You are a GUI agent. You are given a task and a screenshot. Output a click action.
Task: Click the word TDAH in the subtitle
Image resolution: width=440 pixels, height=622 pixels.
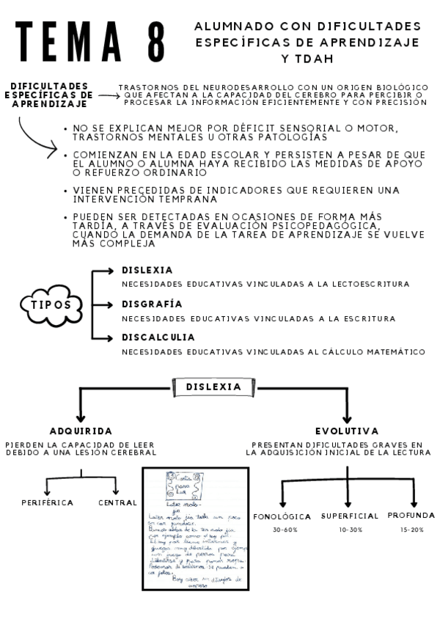[x=307, y=59]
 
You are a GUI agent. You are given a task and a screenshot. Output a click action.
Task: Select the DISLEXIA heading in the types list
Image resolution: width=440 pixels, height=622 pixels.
[x=147, y=271]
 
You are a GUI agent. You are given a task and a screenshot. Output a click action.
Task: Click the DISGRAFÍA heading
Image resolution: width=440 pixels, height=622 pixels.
[x=152, y=304]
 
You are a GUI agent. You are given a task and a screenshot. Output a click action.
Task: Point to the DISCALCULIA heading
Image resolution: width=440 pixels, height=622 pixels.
[x=158, y=337]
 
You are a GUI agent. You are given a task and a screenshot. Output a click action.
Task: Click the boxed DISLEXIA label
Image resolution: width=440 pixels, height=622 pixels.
[x=213, y=387]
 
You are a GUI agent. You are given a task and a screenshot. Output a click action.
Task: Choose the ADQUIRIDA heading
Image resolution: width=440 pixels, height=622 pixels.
[x=81, y=431]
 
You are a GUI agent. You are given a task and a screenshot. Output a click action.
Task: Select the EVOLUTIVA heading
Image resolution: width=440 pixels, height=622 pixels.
[x=347, y=431]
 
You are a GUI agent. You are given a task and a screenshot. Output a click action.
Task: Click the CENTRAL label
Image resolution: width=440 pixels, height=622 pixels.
[x=117, y=502]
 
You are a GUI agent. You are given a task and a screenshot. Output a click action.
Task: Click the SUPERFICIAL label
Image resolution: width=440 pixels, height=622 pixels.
[x=350, y=516]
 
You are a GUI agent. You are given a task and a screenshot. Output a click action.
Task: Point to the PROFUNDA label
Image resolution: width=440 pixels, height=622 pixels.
[x=411, y=515]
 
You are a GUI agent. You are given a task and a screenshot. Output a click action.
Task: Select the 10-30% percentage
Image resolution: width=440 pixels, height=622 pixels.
[x=350, y=529]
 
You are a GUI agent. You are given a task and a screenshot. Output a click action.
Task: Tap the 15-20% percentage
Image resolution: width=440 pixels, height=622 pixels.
[x=411, y=529]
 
